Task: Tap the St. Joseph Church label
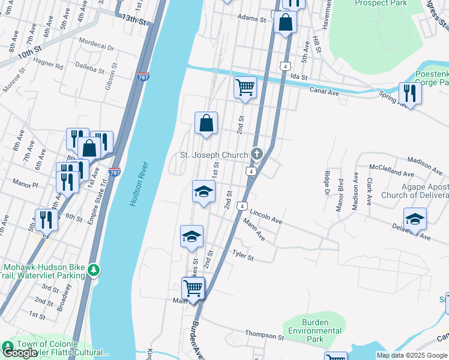(x=214, y=155)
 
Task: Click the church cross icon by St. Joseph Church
(x=257, y=155)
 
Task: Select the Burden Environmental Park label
(x=315, y=331)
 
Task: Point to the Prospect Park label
(x=381, y=3)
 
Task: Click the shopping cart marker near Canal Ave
(x=245, y=86)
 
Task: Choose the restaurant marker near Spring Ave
(x=410, y=92)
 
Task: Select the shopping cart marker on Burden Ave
(x=193, y=287)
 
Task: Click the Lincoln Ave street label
(x=266, y=216)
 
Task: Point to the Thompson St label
(x=264, y=334)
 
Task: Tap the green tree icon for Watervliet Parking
(x=93, y=271)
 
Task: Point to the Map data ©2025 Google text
(x=411, y=355)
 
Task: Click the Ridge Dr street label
(x=327, y=183)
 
